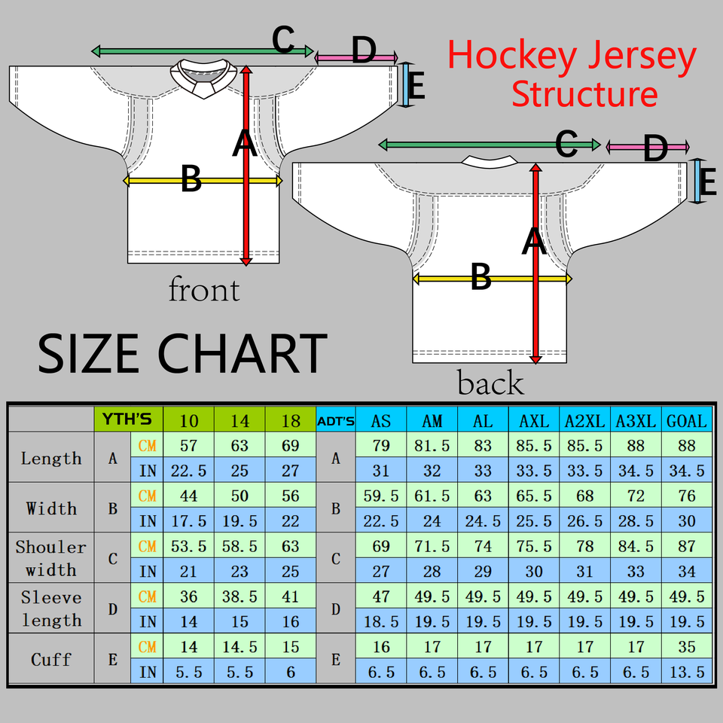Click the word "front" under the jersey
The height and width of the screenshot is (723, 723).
coord(204,290)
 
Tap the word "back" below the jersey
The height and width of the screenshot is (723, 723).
coord(490,383)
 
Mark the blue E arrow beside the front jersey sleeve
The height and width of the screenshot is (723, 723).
coord(407,84)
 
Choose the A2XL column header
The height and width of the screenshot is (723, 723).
coord(584,420)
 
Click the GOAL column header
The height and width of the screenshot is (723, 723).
coord(687,420)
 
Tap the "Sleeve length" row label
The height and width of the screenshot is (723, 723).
coord(51,609)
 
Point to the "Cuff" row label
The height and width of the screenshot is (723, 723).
coord(51,659)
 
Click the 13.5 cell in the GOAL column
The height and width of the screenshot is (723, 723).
coord(687,672)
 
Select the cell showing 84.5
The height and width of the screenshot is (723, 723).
coord(636,546)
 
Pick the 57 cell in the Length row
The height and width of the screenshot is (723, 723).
coord(188,445)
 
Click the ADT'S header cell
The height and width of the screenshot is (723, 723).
coord(336,420)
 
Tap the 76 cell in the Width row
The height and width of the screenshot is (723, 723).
coord(687,496)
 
